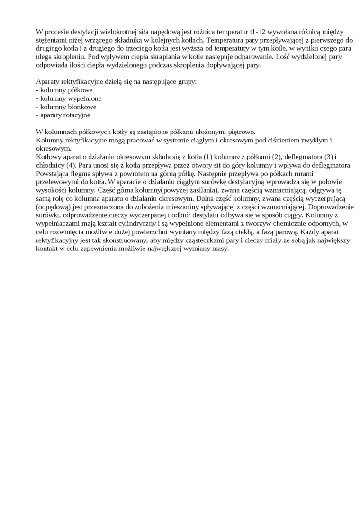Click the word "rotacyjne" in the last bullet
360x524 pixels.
(77, 115)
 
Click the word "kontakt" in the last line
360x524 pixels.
(47, 249)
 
